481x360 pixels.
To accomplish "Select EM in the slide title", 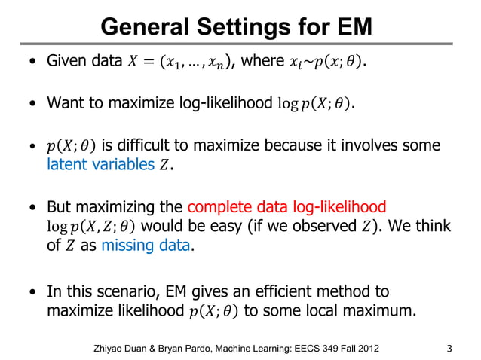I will [351, 27].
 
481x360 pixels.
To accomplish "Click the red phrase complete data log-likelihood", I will [286, 206].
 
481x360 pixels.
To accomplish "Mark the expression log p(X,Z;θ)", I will [91, 227].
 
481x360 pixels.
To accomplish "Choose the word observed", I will [308, 226].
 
